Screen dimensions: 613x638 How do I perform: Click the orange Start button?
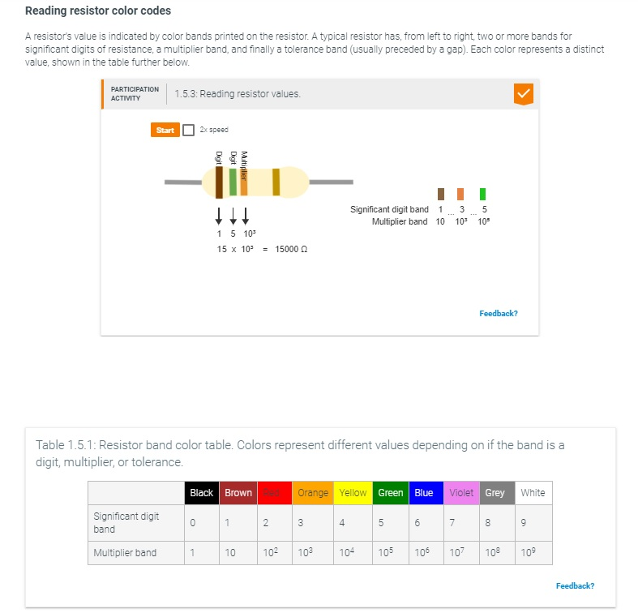(165, 130)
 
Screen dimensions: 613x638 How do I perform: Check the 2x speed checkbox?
(189, 130)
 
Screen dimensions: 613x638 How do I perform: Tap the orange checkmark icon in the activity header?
(524, 94)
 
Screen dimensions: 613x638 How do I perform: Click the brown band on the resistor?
(220, 182)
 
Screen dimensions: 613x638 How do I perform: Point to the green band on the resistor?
(233, 182)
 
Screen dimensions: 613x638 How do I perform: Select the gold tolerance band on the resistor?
(276, 182)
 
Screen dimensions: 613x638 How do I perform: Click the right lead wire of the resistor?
(332, 182)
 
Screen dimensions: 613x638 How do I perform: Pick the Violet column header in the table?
(462, 493)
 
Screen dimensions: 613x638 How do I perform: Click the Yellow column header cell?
(353, 493)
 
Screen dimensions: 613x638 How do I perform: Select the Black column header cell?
(201, 493)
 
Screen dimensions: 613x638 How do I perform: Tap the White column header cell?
(533, 493)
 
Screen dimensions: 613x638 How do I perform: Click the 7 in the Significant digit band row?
(452, 523)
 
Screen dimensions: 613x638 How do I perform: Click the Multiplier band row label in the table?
(126, 553)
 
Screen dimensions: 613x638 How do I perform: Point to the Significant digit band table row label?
(126, 522)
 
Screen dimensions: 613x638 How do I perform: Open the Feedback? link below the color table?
(575, 585)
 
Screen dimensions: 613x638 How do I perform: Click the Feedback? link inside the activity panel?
(499, 313)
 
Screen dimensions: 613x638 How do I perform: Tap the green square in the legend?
(482, 194)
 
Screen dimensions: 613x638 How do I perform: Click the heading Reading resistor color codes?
(98, 11)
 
